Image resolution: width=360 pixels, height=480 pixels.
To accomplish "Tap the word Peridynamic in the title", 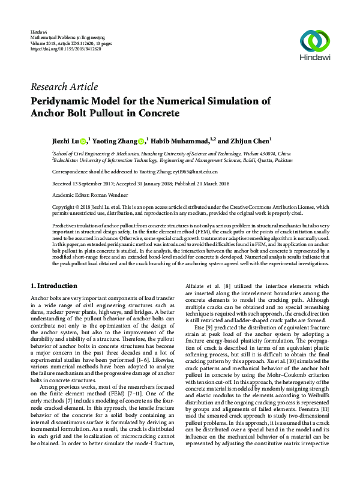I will [x=69, y=100].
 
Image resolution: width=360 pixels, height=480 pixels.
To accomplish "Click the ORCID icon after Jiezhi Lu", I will [x=83, y=142].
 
